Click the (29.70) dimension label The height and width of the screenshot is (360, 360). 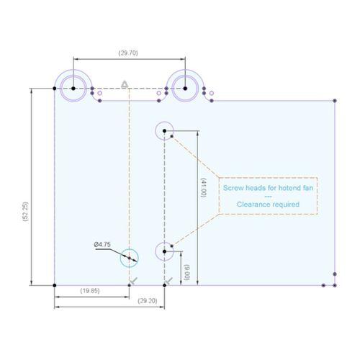128,53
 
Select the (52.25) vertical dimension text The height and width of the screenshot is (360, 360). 25,211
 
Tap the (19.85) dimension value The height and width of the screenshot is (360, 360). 90,291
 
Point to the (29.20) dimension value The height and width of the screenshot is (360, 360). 148,301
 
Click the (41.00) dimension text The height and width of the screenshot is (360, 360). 203,188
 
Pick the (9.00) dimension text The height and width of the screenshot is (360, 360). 187,272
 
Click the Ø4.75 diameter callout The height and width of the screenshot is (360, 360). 102,245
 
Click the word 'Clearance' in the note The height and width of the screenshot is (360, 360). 252,204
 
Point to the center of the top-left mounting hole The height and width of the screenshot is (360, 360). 73,89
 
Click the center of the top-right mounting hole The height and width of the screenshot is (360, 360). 185,89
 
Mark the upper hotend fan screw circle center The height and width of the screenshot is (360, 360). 164,131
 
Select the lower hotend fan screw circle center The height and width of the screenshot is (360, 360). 164,251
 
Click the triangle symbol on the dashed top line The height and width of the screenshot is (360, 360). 125,84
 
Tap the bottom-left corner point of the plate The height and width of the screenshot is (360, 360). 55,285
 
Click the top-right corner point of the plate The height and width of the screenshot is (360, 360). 335,101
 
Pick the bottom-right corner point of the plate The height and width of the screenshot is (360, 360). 335,285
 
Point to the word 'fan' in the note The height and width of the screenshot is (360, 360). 308,188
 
